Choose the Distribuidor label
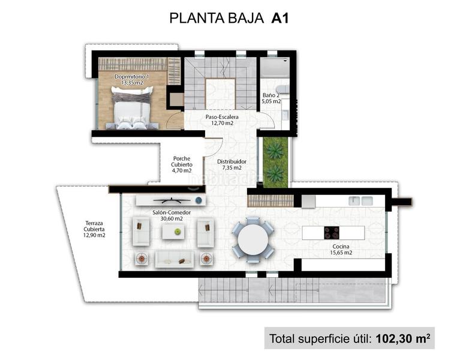click(231, 161)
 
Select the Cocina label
click(340, 246)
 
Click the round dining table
click(252, 239)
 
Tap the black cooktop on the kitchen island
click(332, 232)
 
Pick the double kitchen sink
click(361, 201)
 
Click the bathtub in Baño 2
click(275, 67)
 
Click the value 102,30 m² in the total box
click(402, 338)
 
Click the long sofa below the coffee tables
click(174, 259)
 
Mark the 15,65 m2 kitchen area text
click(340, 253)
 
